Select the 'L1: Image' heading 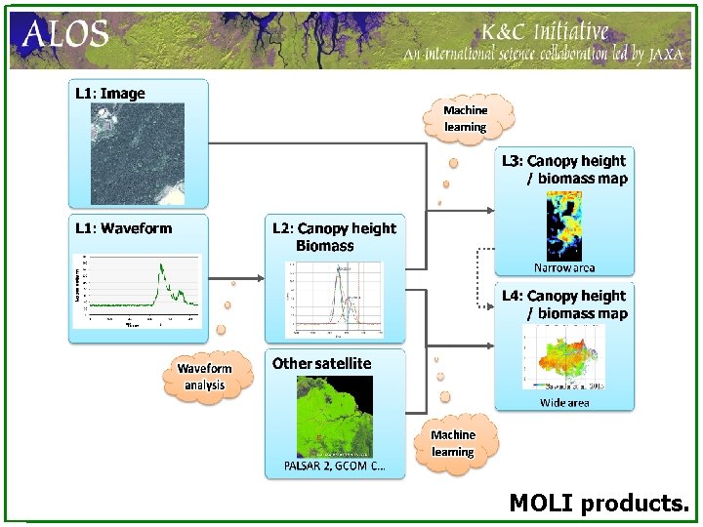110,94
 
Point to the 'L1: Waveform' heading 124,228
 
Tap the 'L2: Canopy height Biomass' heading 334,237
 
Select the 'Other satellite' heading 321,363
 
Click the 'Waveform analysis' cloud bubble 205,376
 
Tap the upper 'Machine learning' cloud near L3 466,118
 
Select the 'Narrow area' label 564,267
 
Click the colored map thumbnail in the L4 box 564,356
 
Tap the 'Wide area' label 564,402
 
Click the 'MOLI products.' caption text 599,504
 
